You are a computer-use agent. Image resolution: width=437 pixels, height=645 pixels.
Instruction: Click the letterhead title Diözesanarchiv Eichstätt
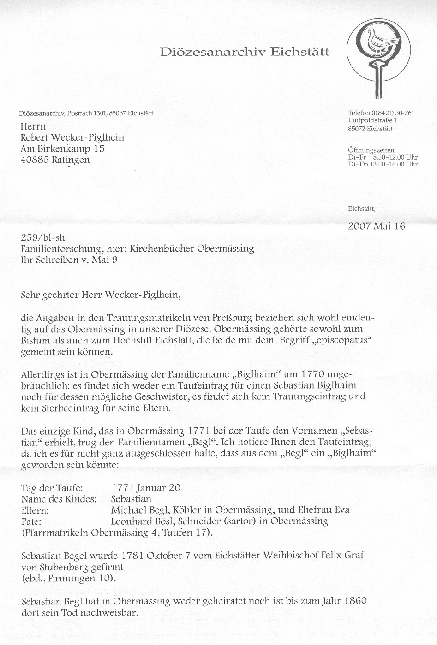click(x=245, y=52)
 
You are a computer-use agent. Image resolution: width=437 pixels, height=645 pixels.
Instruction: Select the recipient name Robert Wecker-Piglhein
click(x=72, y=137)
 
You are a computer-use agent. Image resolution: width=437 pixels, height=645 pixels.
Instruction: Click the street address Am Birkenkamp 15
click(x=62, y=148)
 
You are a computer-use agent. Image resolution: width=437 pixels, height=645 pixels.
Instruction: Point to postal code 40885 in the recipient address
click(x=34, y=160)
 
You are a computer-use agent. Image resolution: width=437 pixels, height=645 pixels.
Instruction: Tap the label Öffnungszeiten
click(x=371, y=150)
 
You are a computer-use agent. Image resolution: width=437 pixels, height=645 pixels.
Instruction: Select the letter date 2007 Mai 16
click(x=376, y=226)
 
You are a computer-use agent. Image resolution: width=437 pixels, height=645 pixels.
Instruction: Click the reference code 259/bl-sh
click(x=43, y=238)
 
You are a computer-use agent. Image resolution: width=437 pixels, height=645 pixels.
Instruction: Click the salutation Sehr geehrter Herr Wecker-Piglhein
click(x=100, y=295)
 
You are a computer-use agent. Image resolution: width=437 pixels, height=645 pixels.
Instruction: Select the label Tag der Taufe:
click(x=52, y=488)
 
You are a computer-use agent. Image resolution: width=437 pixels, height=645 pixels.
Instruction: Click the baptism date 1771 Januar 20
click(x=145, y=488)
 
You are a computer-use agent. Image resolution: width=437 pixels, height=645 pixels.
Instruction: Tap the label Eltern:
click(x=35, y=510)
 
